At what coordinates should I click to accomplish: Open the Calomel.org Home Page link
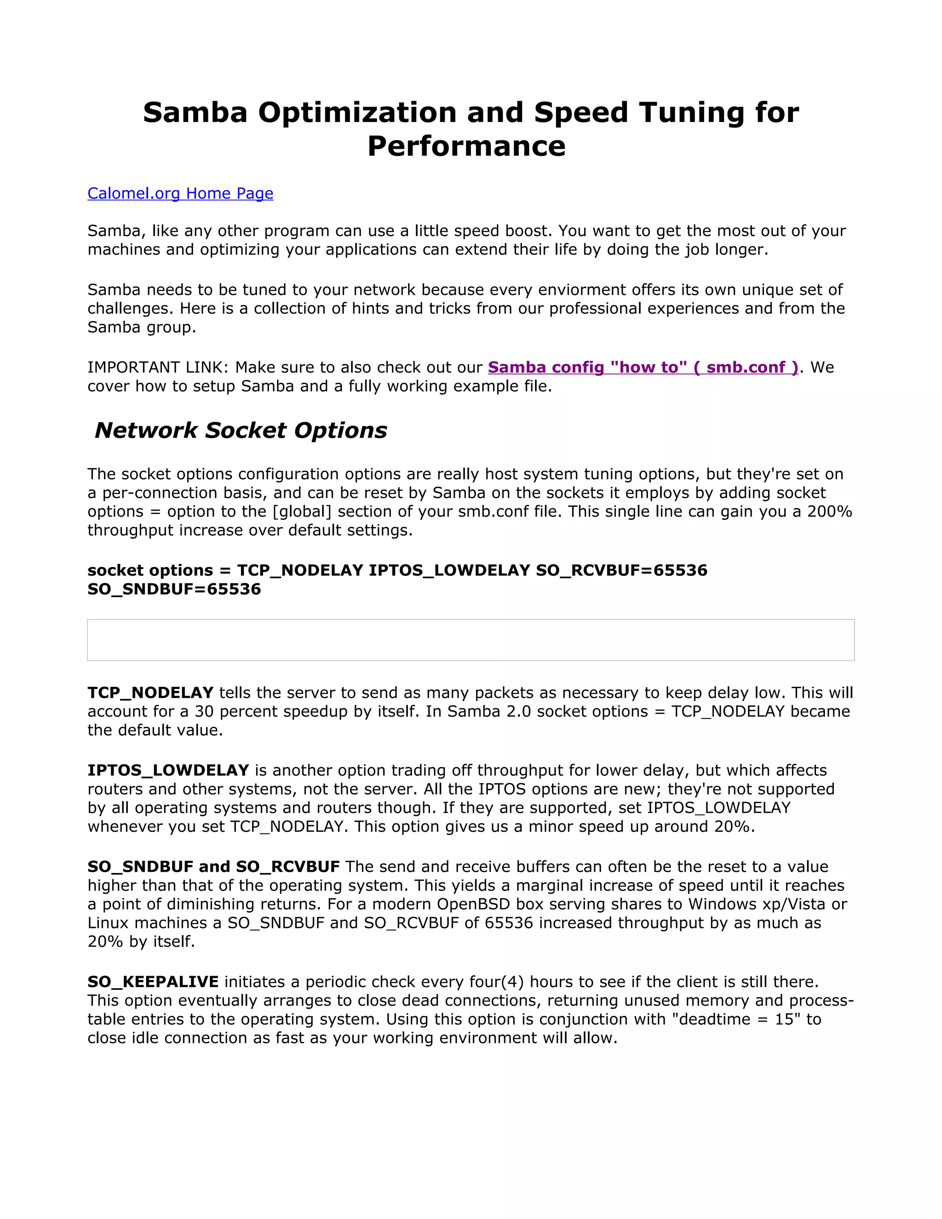[180, 193]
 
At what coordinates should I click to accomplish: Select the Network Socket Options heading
[241, 431]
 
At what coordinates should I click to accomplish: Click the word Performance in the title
[466, 146]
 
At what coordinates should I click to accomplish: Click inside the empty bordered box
[471, 640]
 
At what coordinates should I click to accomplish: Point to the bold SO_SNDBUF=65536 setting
[174, 589]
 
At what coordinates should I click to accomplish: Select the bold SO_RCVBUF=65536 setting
[621, 570]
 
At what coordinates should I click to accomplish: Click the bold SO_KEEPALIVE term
[153, 982]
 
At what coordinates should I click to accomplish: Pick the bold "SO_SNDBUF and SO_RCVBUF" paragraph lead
[213, 866]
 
